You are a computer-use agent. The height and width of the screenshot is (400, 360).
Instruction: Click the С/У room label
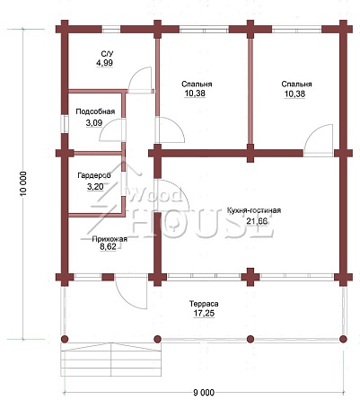[107, 54]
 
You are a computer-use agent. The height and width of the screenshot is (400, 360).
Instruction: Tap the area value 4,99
[104, 63]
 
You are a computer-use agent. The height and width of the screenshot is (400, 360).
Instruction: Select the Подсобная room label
[95, 111]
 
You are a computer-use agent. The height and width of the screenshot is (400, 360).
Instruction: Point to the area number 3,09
[94, 122]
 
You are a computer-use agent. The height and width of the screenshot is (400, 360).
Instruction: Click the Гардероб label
[94, 175]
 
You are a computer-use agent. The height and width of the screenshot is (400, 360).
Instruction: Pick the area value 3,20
[95, 187]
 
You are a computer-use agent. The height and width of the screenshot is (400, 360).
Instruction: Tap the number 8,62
[109, 247]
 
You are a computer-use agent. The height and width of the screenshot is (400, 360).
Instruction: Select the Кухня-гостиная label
[254, 210]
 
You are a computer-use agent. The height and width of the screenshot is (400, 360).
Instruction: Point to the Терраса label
[204, 304]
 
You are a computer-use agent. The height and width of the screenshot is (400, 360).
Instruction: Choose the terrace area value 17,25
[204, 314]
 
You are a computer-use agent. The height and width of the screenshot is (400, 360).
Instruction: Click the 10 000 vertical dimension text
[24, 183]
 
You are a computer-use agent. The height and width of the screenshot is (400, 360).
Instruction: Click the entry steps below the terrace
[111, 360]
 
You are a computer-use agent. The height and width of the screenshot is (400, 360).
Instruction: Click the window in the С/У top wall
[111, 30]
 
